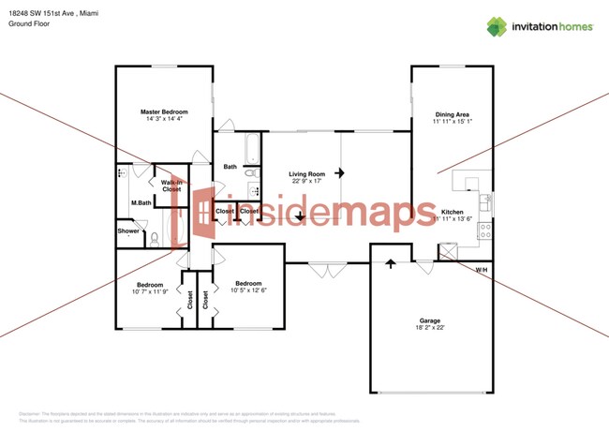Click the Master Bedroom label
coord(164,111)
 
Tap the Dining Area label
coord(452,113)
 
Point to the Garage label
coord(428,320)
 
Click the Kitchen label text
coord(452,213)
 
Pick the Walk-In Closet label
coord(171,186)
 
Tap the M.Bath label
coord(141,203)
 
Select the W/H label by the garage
coord(481,270)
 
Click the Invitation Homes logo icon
coord(497,26)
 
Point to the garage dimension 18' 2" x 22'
coord(428,329)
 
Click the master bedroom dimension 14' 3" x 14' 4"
coord(164,120)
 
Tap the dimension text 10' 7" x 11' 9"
coord(150,292)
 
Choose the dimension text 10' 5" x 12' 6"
coord(248,291)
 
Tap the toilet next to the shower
coord(154,240)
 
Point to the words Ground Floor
coord(28,23)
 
